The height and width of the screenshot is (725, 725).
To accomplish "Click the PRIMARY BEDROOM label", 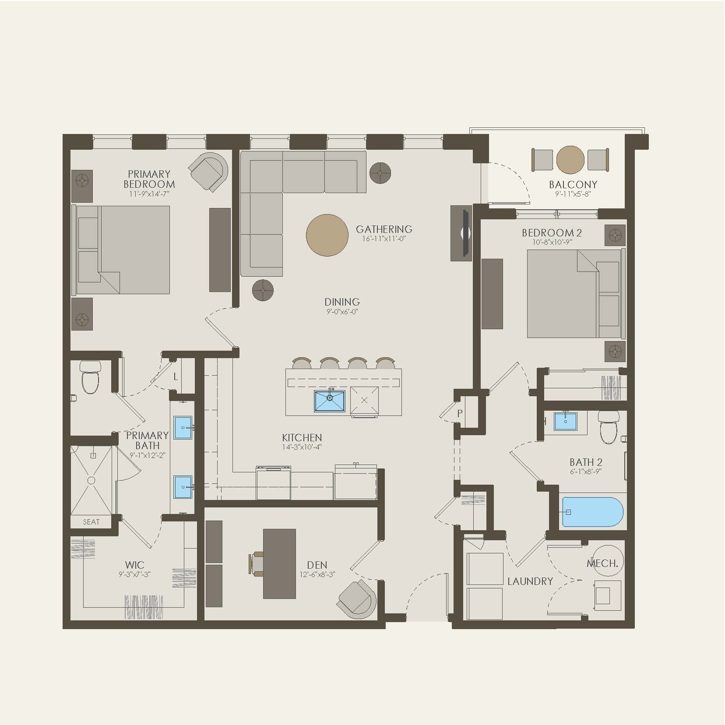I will (x=149, y=179).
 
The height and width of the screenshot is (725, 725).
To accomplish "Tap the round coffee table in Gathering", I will (x=327, y=235).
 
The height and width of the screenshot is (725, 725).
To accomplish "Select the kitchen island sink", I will (x=329, y=401).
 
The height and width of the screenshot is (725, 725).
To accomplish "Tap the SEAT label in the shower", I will (x=91, y=522).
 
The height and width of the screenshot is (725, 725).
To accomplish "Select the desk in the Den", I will (x=279, y=563).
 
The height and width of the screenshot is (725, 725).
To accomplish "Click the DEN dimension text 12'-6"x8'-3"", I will (x=317, y=575).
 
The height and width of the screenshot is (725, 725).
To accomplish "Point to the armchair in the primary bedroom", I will (x=209, y=172).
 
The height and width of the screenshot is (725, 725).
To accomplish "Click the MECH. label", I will (x=602, y=563).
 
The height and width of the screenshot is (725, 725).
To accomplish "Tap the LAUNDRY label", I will (x=530, y=581).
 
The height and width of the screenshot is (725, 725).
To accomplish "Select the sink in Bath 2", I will (x=565, y=421).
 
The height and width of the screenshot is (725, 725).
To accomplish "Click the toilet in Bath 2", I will (x=608, y=427).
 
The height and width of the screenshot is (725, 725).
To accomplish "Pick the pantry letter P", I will (x=460, y=413).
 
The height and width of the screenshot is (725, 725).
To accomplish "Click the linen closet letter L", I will (x=176, y=377).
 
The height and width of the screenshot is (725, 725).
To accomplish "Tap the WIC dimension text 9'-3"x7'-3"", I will (x=134, y=574).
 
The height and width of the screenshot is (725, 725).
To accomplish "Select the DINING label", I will (x=342, y=302).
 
